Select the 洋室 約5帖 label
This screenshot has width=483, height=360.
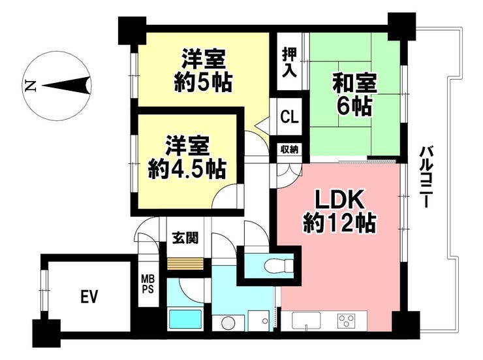(x=204, y=71)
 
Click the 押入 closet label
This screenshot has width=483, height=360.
(x=289, y=63)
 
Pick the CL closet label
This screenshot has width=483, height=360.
(x=289, y=117)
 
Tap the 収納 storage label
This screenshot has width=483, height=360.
(x=290, y=150)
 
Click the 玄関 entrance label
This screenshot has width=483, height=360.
(x=185, y=238)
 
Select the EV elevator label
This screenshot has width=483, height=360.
(x=89, y=297)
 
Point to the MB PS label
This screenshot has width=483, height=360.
(x=148, y=286)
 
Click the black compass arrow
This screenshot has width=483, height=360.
(x=65, y=85)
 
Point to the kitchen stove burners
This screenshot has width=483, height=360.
(x=346, y=320)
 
